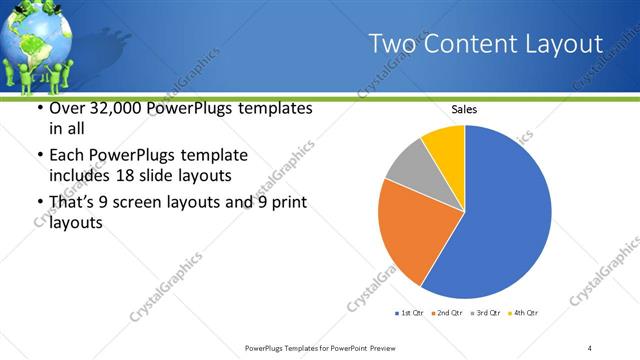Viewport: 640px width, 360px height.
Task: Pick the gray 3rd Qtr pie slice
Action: (407, 166)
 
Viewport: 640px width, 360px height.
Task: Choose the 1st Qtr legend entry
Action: (410, 313)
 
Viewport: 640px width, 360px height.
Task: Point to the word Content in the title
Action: (467, 44)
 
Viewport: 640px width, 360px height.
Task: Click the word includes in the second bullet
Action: (79, 176)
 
